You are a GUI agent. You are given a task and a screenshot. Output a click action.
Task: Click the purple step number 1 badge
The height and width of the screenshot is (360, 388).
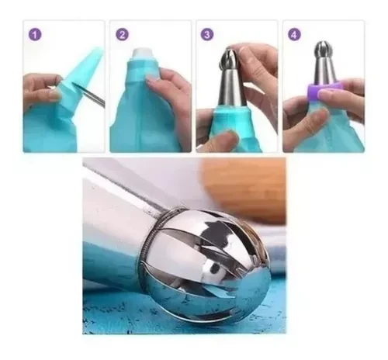tap(35, 34)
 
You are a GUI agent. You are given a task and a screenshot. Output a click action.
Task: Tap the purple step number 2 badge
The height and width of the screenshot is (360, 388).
tap(122, 34)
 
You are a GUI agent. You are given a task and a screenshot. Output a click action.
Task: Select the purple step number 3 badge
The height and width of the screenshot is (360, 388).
tap(207, 34)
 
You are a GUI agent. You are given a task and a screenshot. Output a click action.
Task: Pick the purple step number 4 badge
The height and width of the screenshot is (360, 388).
tap(294, 34)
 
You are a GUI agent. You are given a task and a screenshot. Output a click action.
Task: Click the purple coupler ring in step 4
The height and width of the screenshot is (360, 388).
tap(324, 90)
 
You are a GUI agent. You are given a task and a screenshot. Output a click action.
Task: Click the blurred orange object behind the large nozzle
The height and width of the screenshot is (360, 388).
tap(244, 191)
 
